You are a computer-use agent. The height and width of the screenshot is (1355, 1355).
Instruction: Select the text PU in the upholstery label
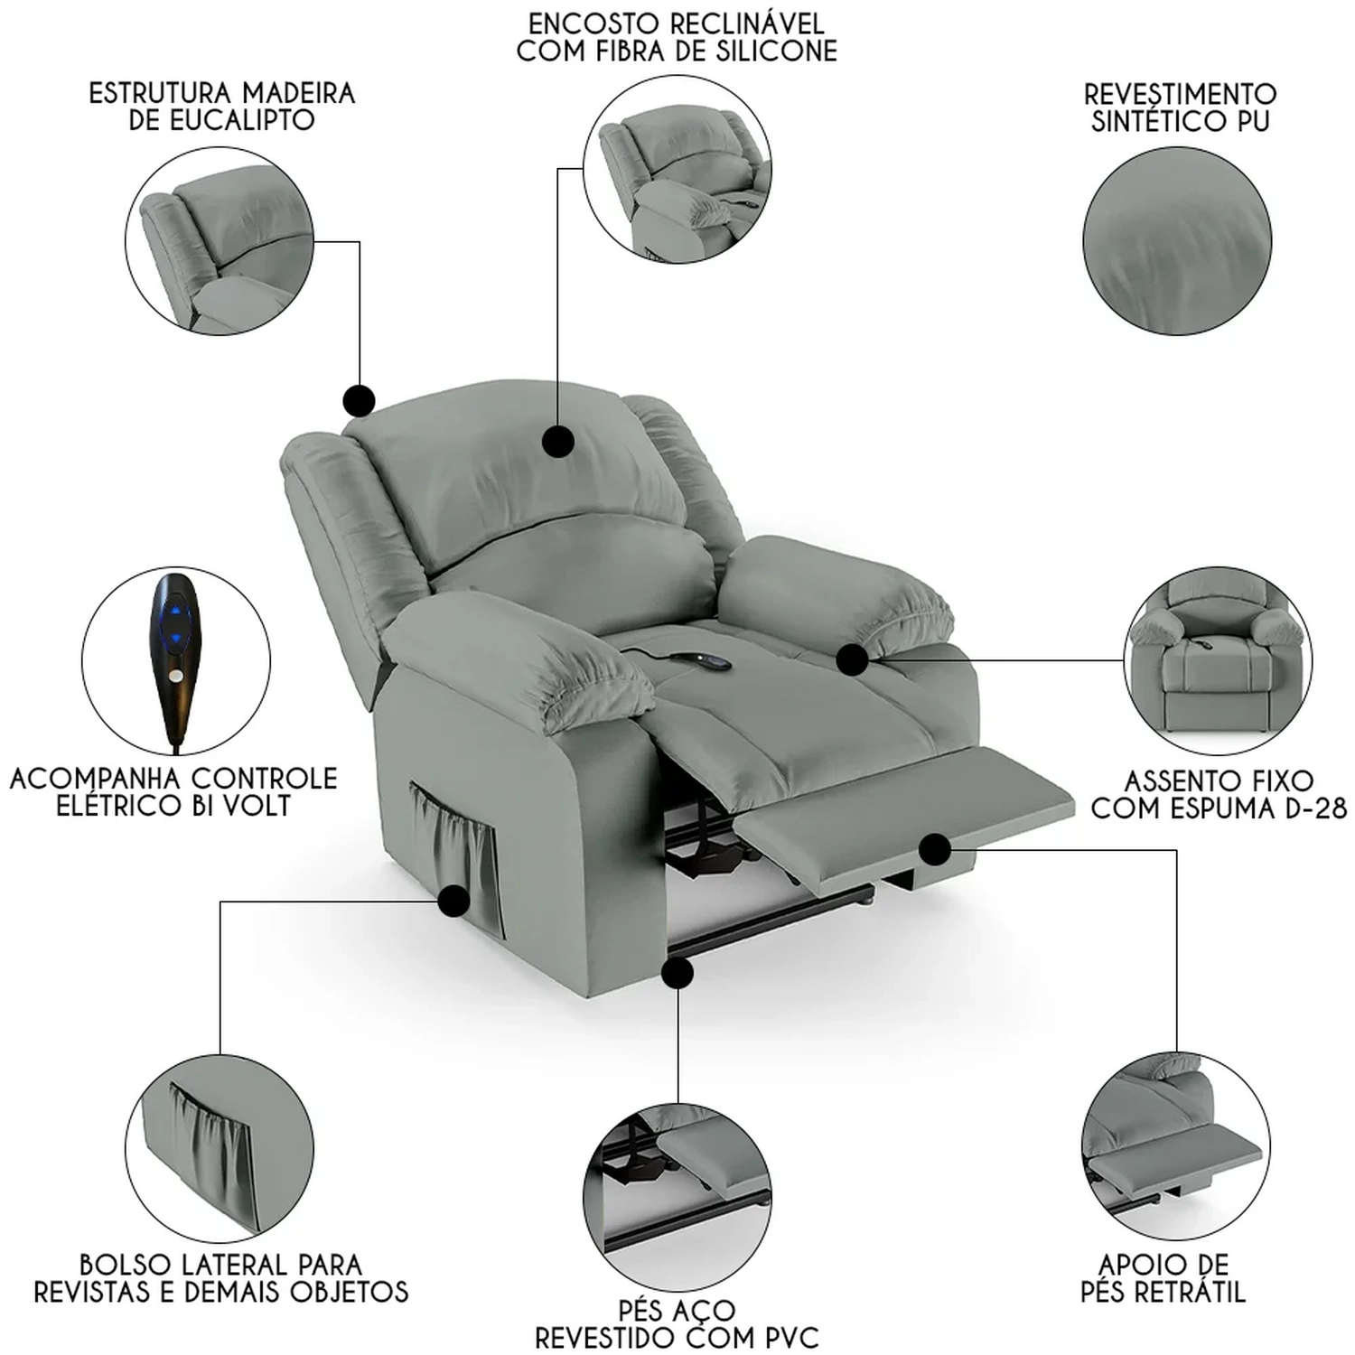[x=1253, y=121]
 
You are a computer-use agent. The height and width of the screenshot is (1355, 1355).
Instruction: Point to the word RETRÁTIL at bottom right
[x=1190, y=1292]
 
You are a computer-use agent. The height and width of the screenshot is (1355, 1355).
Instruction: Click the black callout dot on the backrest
[x=559, y=442]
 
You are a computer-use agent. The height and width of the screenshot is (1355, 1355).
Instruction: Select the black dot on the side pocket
[x=453, y=901]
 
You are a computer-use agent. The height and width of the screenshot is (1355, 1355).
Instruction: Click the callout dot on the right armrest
[x=852, y=659]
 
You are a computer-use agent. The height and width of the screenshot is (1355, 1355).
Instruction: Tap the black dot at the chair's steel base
[x=677, y=973]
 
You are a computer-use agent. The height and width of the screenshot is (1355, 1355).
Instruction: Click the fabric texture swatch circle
[x=1177, y=241]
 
